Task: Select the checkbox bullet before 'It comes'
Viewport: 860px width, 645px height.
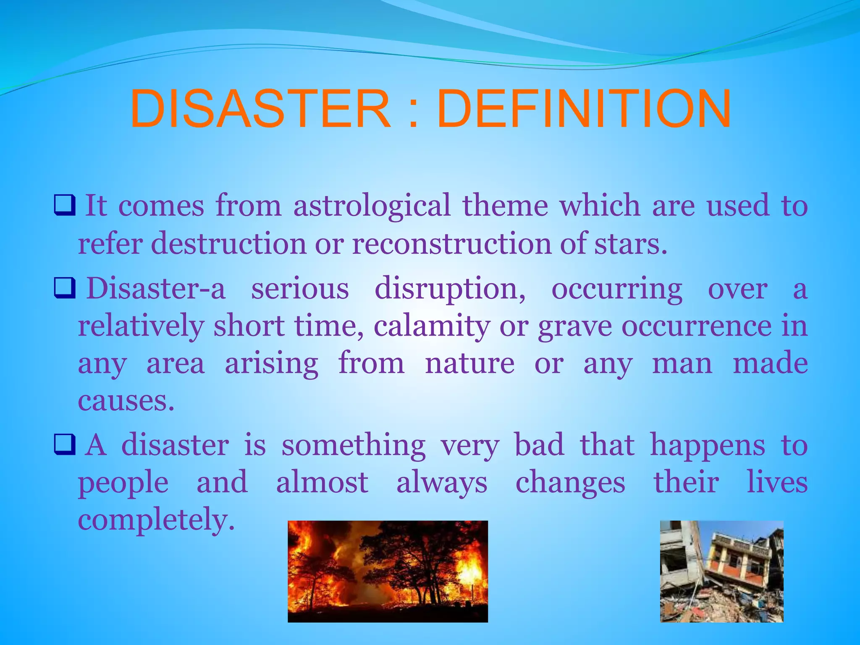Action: coord(65,205)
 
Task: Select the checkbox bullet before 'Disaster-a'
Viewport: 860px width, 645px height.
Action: coord(65,288)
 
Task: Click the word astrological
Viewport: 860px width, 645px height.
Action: coord(372,206)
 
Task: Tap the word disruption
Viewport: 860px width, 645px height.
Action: coord(449,290)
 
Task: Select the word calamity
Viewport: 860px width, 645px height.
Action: coord(432,327)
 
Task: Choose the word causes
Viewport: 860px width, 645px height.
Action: coord(126,401)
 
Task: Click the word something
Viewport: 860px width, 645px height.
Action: coord(353,446)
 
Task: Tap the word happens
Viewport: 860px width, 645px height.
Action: coord(708,446)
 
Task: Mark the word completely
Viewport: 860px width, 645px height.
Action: coord(156,521)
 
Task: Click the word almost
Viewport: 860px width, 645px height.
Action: coord(322,483)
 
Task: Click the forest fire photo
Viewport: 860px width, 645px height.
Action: coord(388,571)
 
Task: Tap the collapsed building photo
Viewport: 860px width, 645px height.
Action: coord(721,571)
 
